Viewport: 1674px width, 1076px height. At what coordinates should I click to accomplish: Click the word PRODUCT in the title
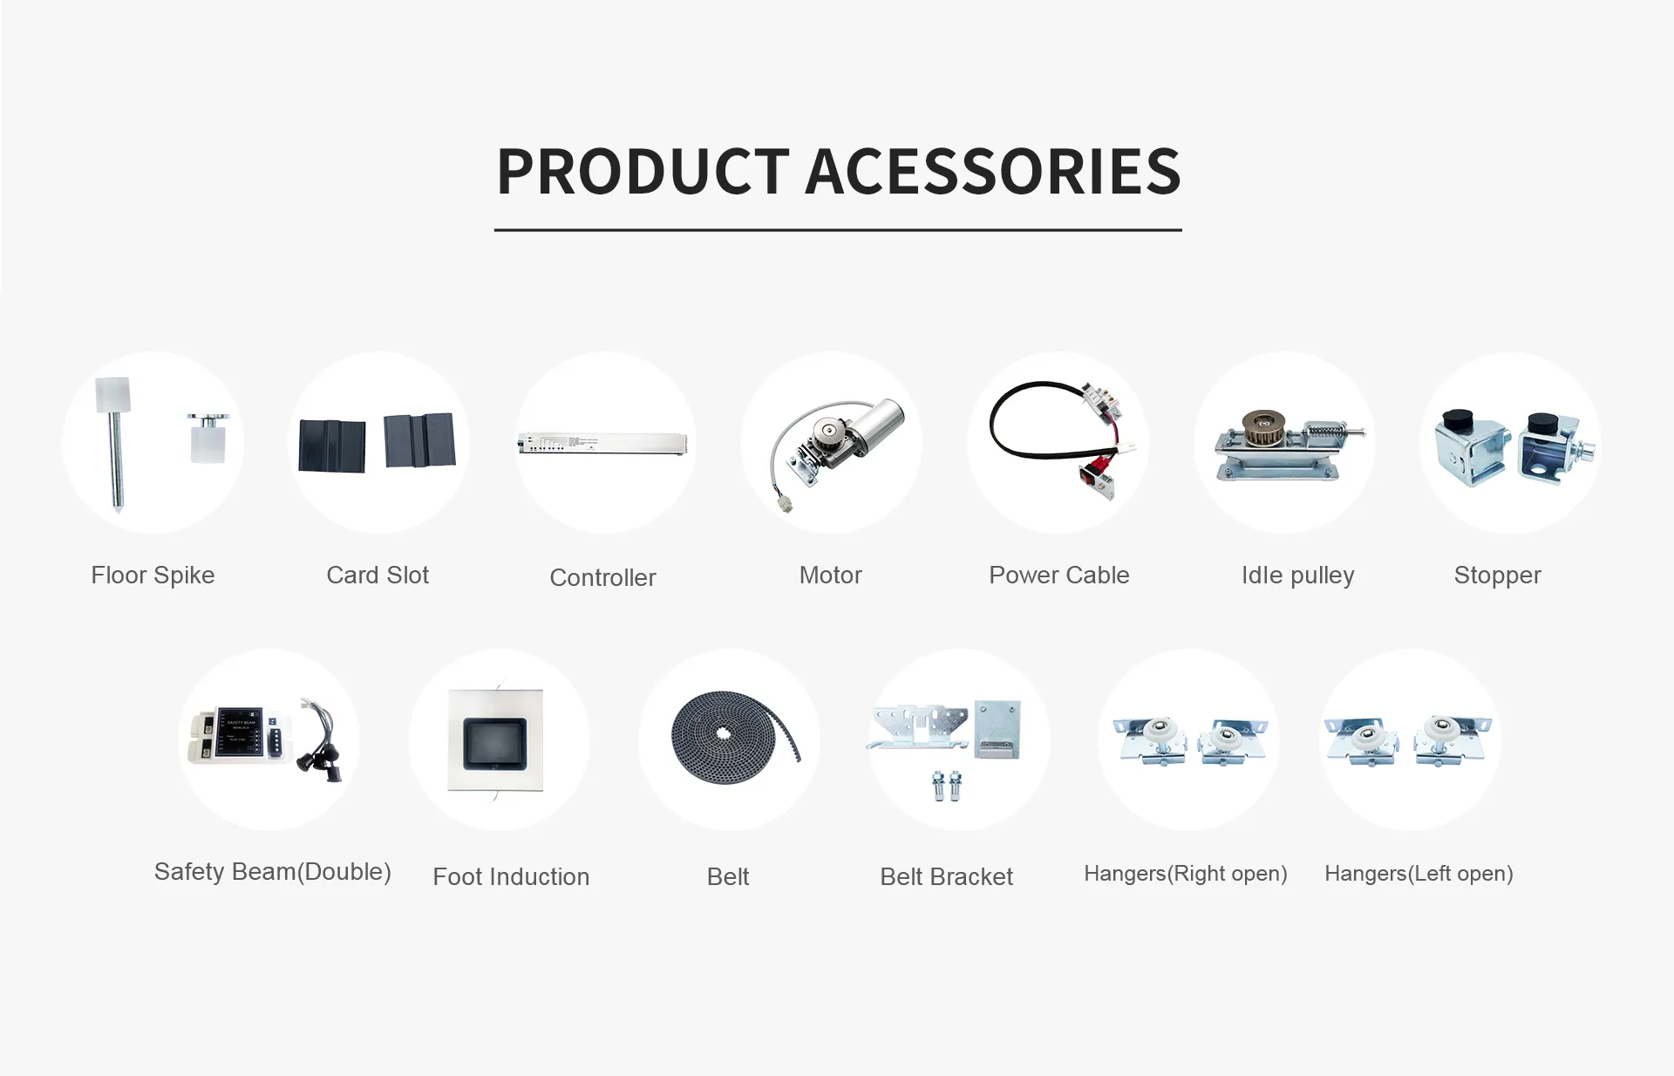point(643,171)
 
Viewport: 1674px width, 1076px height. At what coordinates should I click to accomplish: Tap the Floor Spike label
point(153,575)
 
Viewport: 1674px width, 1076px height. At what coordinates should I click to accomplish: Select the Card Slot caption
point(378,575)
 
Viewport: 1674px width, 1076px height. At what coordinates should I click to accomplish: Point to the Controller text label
point(602,577)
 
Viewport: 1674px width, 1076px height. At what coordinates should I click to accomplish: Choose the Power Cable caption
point(1058,575)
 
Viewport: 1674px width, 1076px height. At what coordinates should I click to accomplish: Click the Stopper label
point(1497,575)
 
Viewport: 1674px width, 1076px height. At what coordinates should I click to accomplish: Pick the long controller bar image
point(603,443)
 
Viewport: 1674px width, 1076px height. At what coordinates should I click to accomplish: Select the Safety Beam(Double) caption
point(272,872)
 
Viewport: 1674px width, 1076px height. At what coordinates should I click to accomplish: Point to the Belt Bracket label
point(946,877)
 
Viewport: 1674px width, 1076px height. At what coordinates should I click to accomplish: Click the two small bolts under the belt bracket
point(947,786)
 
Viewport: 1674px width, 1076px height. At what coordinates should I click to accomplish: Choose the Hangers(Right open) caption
point(1185,874)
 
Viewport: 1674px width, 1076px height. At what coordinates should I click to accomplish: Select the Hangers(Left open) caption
point(1419,874)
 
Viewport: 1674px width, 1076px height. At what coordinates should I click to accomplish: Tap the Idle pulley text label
point(1297,575)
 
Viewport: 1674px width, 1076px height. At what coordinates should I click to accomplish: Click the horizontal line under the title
point(838,230)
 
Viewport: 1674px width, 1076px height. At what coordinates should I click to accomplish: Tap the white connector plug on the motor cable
point(786,503)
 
